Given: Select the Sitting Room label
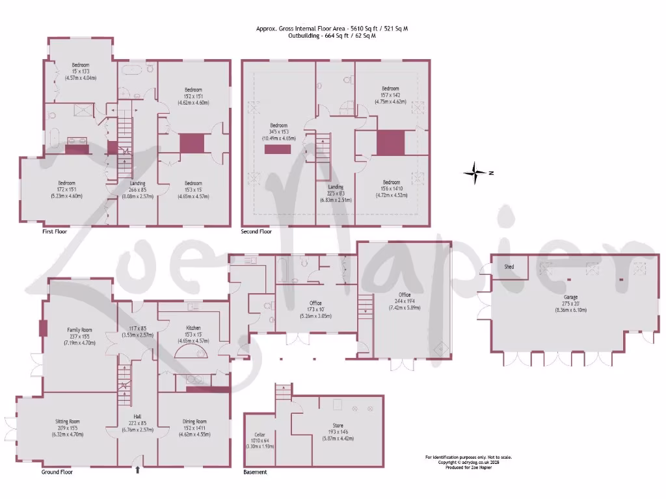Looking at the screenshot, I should pos(66,422).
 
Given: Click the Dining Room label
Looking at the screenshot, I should pos(194,422).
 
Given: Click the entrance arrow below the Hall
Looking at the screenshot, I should pos(137,470).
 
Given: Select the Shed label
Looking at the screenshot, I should pos(509,267).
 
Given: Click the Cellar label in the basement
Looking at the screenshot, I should pos(259,435).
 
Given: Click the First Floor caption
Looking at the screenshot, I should pos(55,231).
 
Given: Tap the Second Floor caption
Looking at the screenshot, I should pos(256,231).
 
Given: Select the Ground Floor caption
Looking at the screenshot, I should pos(57,472).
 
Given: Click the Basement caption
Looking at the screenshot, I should pos(255,472).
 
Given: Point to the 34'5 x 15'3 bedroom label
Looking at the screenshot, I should pos(278,125).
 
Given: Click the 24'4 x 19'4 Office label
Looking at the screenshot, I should pos(405,301).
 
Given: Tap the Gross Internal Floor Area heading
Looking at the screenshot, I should pos(332,29).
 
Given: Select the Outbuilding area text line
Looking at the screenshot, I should pos(332,36).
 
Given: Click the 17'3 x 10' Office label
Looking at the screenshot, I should pos(315,303).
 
